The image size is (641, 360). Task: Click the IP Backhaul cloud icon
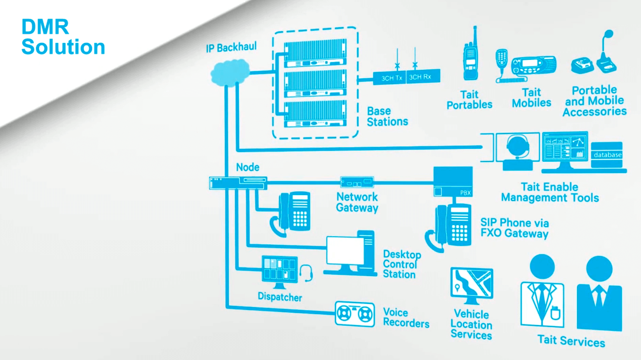230,72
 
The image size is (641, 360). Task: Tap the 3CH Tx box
390,78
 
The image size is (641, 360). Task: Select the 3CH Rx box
423,77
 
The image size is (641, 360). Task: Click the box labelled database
607,155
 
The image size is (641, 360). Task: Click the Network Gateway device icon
357,182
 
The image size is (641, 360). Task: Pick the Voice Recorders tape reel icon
355,314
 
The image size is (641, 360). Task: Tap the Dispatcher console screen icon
280,269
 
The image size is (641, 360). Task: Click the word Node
247,167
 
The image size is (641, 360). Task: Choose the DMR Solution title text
63,37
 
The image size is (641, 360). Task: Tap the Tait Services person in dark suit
599,295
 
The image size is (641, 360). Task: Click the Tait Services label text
571,341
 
